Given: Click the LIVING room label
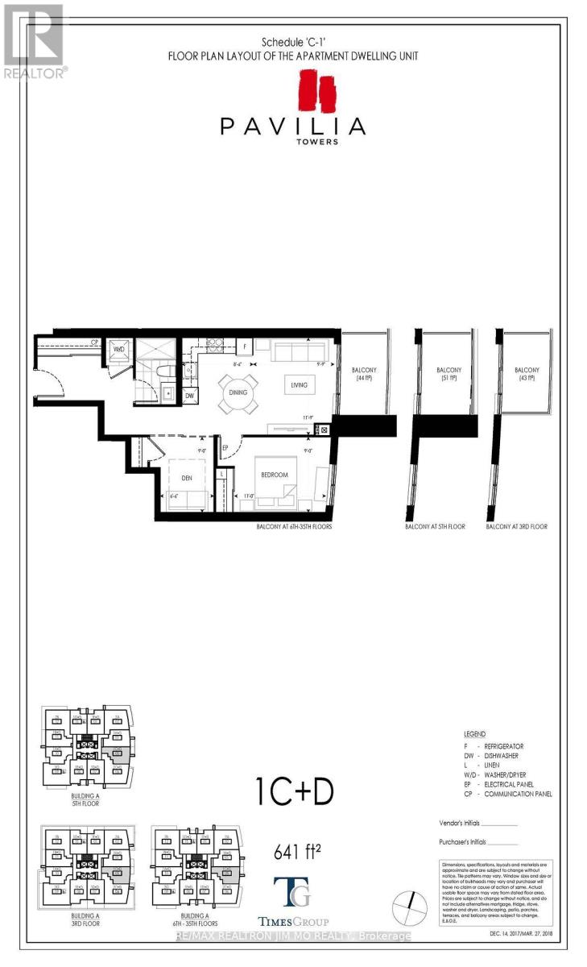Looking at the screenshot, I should [300, 385].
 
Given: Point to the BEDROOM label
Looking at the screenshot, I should [275, 475].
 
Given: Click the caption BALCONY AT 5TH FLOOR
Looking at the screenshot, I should [435, 527].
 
